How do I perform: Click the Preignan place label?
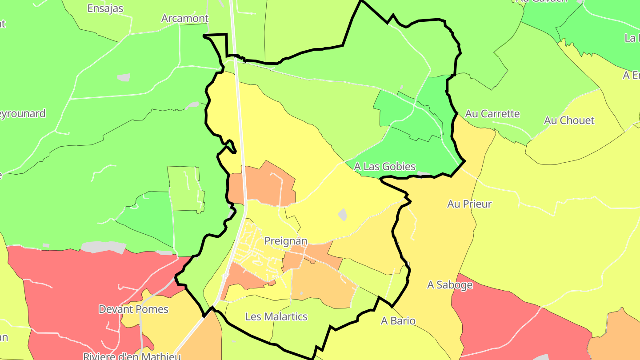(x=286, y=241)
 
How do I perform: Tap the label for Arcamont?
(x=185, y=18)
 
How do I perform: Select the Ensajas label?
(x=105, y=8)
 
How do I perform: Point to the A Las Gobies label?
(x=385, y=167)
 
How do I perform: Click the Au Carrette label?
(x=492, y=114)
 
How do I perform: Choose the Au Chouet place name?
(x=569, y=120)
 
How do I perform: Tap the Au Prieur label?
(x=469, y=204)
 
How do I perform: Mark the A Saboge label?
(x=450, y=285)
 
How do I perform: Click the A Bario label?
(x=398, y=321)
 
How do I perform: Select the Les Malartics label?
(x=276, y=317)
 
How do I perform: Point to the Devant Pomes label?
(x=133, y=309)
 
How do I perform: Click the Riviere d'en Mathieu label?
(x=132, y=356)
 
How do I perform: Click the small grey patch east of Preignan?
(x=342, y=215)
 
